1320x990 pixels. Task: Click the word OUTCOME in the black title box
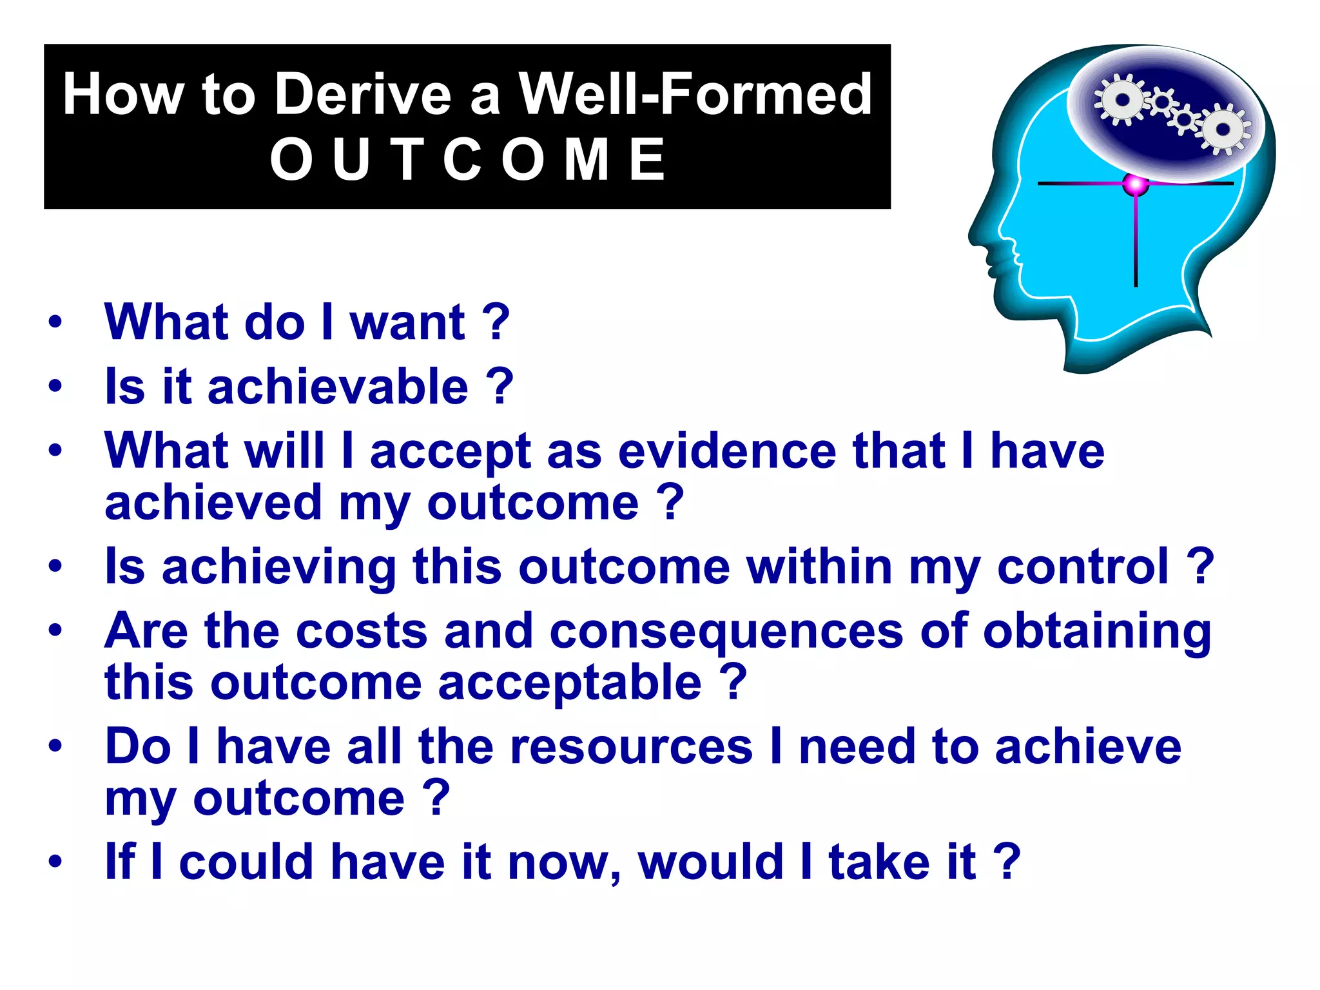click(x=467, y=160)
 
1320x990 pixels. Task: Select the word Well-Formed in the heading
click(x=695, y=95)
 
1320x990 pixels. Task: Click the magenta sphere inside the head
click(x=1135, y=185)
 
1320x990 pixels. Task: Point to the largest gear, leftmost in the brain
click(x=1122, y=100)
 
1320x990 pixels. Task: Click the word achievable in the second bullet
click(x=338, y=387)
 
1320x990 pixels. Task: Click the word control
click(x=1082, y=567)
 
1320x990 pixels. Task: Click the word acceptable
click(x=570, y=683)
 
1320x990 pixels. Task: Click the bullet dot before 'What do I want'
click(x=55, y=322)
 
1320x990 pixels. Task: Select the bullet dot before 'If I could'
click(x=55, y=862)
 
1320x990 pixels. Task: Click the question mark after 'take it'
click(x=1007, y=861)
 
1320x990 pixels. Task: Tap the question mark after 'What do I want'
click(x=496, y=322)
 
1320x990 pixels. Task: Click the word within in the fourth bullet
click(x=819, y=567)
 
